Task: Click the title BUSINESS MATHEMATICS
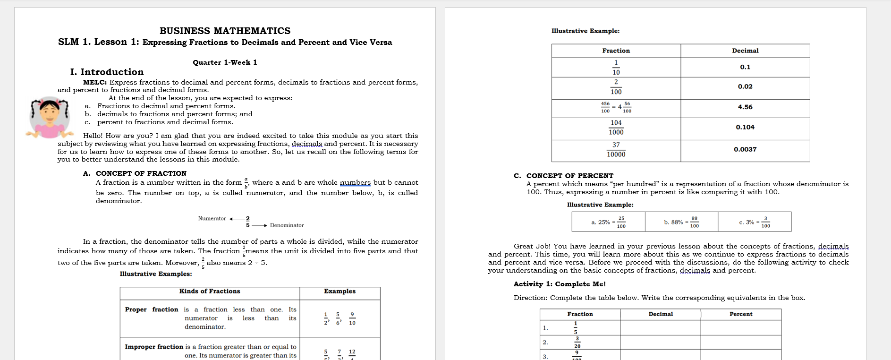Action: point(225,31)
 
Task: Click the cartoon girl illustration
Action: point(50,118)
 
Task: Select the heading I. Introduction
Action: point(107,72)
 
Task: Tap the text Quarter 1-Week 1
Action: point(225,62)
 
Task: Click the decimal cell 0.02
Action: point(745,86)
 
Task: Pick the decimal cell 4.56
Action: point(745,107)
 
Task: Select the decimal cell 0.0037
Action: point(745,149)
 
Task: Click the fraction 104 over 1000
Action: point(616,127)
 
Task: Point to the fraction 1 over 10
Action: point(616,67)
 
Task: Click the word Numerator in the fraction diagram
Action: point(212,218)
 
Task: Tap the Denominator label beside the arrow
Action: point(287,225)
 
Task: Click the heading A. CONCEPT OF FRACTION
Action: point(135,173)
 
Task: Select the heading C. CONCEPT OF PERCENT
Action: point(563,176)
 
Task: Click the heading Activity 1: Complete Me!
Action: point(560,284)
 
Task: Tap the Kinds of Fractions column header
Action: point(210,291)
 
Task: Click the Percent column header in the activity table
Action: point(741,314)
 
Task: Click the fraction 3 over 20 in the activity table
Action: point(577,342)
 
